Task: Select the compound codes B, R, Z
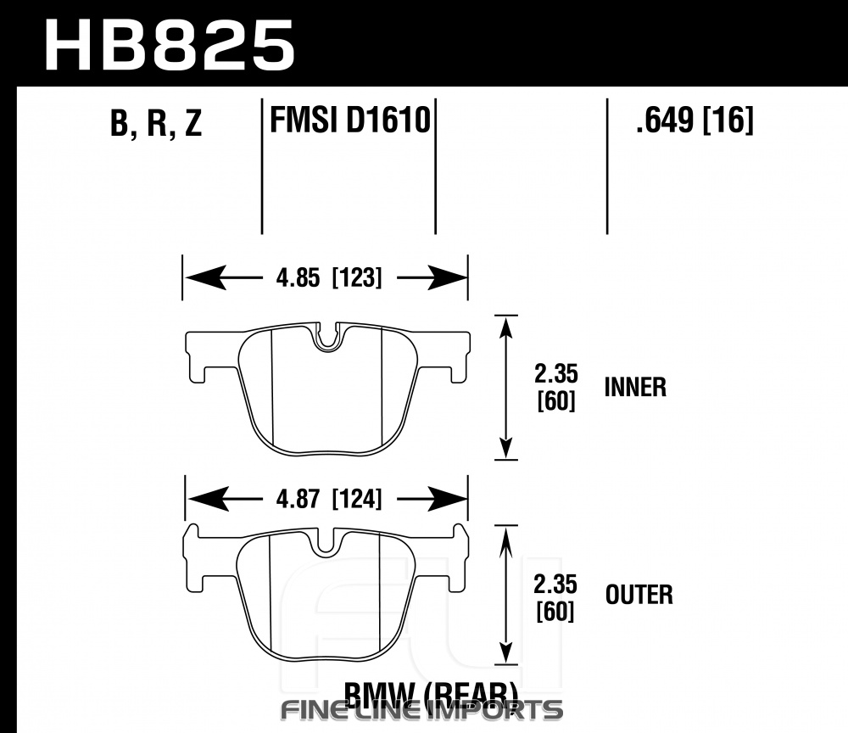[156, 125]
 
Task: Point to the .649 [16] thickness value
[694, 121]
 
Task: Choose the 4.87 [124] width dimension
[326, 500]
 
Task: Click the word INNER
[635, 388]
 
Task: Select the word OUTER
[639, 594]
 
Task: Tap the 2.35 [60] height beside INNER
[556, 387]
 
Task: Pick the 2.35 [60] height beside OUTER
[556, 596]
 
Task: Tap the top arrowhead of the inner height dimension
[506, 327]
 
